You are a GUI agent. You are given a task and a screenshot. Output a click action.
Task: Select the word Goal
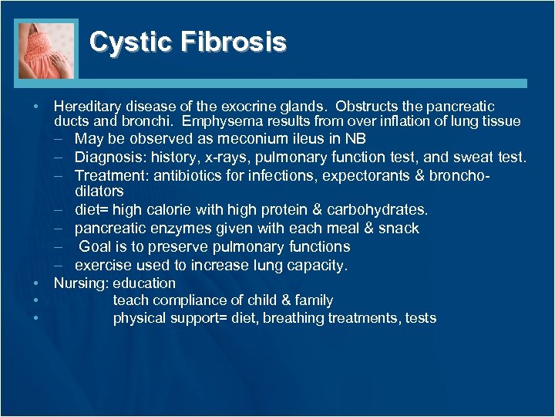pos(95,247)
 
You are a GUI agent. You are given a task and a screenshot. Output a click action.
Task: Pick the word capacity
pos(318,266)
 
